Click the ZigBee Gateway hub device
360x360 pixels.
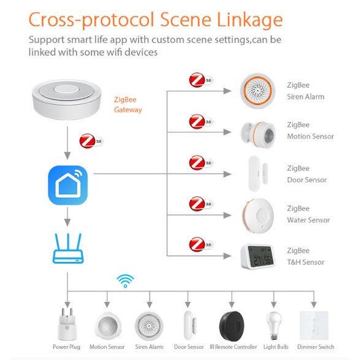point(67,99)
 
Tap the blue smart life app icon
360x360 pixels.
point(67,185)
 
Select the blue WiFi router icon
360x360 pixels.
point(68,248)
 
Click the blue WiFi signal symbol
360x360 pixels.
point(125,281)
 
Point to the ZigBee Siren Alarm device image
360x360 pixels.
point(258,91)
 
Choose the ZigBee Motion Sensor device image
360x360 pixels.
point(258,134)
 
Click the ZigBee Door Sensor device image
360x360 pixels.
point(258,174)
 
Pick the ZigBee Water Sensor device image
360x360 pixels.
point(258,215)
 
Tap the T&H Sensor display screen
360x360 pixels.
point(261,256)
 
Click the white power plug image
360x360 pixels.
point(66,324)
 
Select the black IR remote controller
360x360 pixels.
point(232,326)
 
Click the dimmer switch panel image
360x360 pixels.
point(314,325)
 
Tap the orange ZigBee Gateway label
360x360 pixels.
point(128,105)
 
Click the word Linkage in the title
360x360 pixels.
point(250,20)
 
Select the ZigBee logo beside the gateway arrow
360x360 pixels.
point(91,141)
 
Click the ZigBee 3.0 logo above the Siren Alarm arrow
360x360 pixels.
point(201,80)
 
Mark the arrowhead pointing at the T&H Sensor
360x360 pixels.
point(228,256)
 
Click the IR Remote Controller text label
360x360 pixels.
point(233,347)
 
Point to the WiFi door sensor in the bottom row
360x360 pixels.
point(189,326)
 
